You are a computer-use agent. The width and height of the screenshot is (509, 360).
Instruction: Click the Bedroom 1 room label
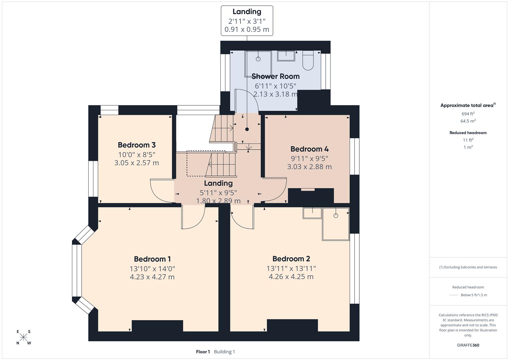[x=152, y=259]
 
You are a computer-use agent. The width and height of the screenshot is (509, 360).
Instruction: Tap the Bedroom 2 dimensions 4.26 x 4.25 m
[x=291, y=277]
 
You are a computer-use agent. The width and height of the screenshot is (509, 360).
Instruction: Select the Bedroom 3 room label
[x=137, y=145]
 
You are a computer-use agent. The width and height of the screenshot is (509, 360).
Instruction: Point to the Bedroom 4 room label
[x=309, y=149]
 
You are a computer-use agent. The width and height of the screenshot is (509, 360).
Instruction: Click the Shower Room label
[x=275, y=76]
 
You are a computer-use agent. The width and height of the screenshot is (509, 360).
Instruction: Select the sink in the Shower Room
[x=286, y=56]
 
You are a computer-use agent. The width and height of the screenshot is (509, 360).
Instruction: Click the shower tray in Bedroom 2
[x=335, y=224]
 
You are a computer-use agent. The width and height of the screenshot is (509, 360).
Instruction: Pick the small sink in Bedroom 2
[x=312, y=213]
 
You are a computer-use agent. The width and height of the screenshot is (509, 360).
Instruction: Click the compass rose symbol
[x=24, y=337]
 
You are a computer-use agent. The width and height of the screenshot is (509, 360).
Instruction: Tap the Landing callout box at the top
[x=247, y=21]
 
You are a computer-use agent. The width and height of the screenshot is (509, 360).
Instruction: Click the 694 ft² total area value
[x=468, y=114]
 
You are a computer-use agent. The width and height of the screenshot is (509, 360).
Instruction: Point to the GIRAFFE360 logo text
[x=468, y=345]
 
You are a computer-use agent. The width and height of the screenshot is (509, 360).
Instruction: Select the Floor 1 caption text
[x=203, y=352]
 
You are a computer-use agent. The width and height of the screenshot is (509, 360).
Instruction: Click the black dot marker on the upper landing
[x=247, y=129]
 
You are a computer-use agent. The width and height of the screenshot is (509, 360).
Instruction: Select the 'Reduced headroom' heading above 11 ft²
[x=468, y=133]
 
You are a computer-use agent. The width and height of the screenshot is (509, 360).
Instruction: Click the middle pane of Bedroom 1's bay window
[x=77, y=271]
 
